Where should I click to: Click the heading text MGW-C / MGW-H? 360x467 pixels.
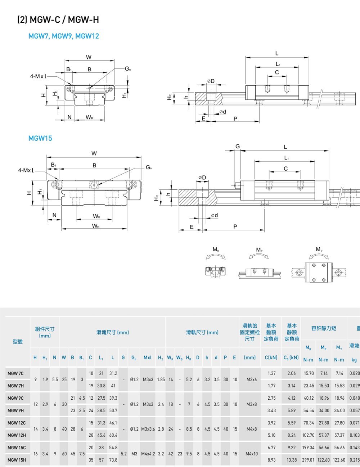[64, 20]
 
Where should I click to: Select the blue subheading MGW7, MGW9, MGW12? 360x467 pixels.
[63, 36]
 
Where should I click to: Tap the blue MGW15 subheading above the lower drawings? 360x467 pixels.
[40, 138]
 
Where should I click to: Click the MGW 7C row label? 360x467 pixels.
[15, 373]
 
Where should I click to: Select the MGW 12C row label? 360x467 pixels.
[17, 423]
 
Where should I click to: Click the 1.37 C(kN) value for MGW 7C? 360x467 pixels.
[271, 373]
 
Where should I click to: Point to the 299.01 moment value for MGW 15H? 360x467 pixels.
[309, 460]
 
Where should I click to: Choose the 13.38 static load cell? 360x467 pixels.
[292, 460]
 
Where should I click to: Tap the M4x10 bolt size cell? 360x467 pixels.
[251, 454]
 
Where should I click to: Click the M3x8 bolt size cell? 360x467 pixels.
[251, 404]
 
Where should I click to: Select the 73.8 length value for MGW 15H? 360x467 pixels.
[113, 460]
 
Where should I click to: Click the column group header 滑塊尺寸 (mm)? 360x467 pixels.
[112, 332]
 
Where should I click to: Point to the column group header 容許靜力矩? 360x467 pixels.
[324, 328]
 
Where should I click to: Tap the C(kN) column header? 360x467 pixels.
[271, 358]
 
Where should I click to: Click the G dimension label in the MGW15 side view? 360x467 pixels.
[237, 147]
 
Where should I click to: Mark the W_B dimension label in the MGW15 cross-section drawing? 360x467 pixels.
[96, 216]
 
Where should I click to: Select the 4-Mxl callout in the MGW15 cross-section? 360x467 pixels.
[26, 170]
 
